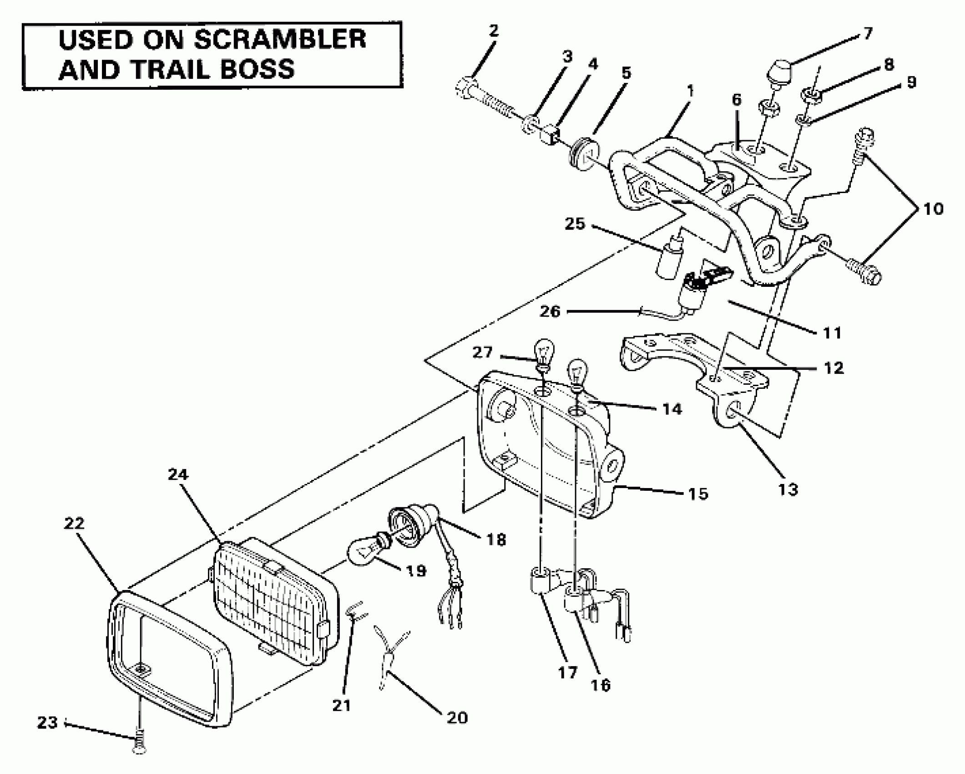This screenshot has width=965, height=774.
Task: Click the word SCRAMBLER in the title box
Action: click(279, 40)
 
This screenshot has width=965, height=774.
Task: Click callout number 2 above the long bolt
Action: click(494, 31)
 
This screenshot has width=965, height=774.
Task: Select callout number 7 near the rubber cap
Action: click(868, 33)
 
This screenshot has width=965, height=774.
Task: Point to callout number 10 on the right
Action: click(933, 209)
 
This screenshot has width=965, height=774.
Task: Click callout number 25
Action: click(575, 224)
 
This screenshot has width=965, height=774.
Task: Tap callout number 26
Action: click(550, 311)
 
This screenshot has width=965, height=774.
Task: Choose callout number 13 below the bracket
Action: click(788, 489)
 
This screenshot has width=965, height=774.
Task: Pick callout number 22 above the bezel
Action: click(74, 524)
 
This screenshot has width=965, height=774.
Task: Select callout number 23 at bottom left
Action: click(47, 723)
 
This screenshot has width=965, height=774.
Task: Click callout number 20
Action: click(457, 718)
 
